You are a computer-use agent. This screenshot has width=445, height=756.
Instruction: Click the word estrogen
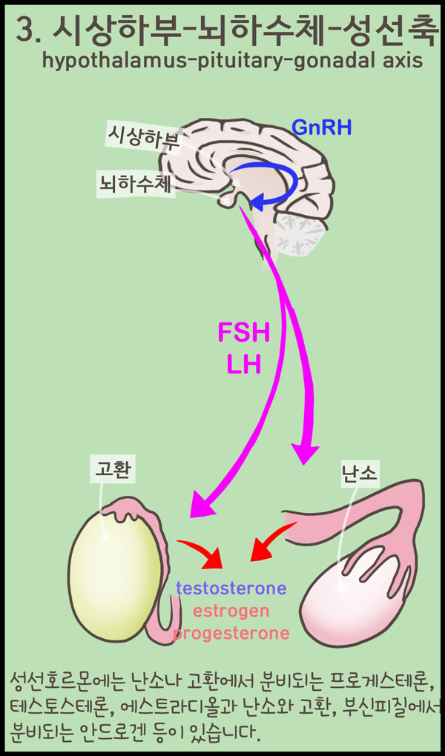[231, 612]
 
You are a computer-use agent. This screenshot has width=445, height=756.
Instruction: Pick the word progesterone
[231, 634]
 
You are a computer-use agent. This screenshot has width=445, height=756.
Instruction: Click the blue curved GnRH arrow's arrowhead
[256, 200]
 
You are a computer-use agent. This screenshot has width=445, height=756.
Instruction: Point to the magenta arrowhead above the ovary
[304, 453]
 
